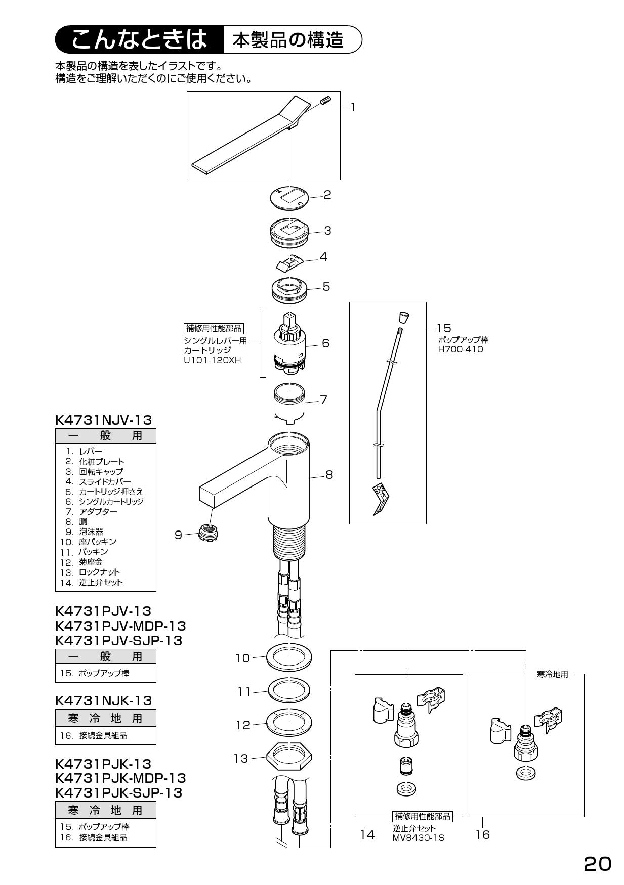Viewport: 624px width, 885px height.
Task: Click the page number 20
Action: (x=597, y=864)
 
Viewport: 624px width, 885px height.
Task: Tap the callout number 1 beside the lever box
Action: (x=353, y=107)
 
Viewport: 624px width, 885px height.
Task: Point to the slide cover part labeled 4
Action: (x=289, y=263)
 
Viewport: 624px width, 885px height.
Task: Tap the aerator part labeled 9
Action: (x=206, y=532)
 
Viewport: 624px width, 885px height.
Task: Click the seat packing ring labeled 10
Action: (x=288, y=657)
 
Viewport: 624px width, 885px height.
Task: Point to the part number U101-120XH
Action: (x=213, y=360)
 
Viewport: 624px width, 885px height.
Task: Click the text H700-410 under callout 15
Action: (x=460, y=349)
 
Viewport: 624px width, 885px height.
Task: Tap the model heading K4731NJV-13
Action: (x=103, y=420)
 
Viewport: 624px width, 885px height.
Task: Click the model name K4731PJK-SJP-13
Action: (x=118, y=792)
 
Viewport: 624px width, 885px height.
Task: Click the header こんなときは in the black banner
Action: (x=139, y=39)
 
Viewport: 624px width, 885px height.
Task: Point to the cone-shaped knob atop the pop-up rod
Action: (x=403, y=317)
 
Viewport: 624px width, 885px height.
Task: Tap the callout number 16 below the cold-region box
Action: (x=482, y=835)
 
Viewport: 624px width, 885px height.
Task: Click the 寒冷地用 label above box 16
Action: (x=552, y=674)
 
